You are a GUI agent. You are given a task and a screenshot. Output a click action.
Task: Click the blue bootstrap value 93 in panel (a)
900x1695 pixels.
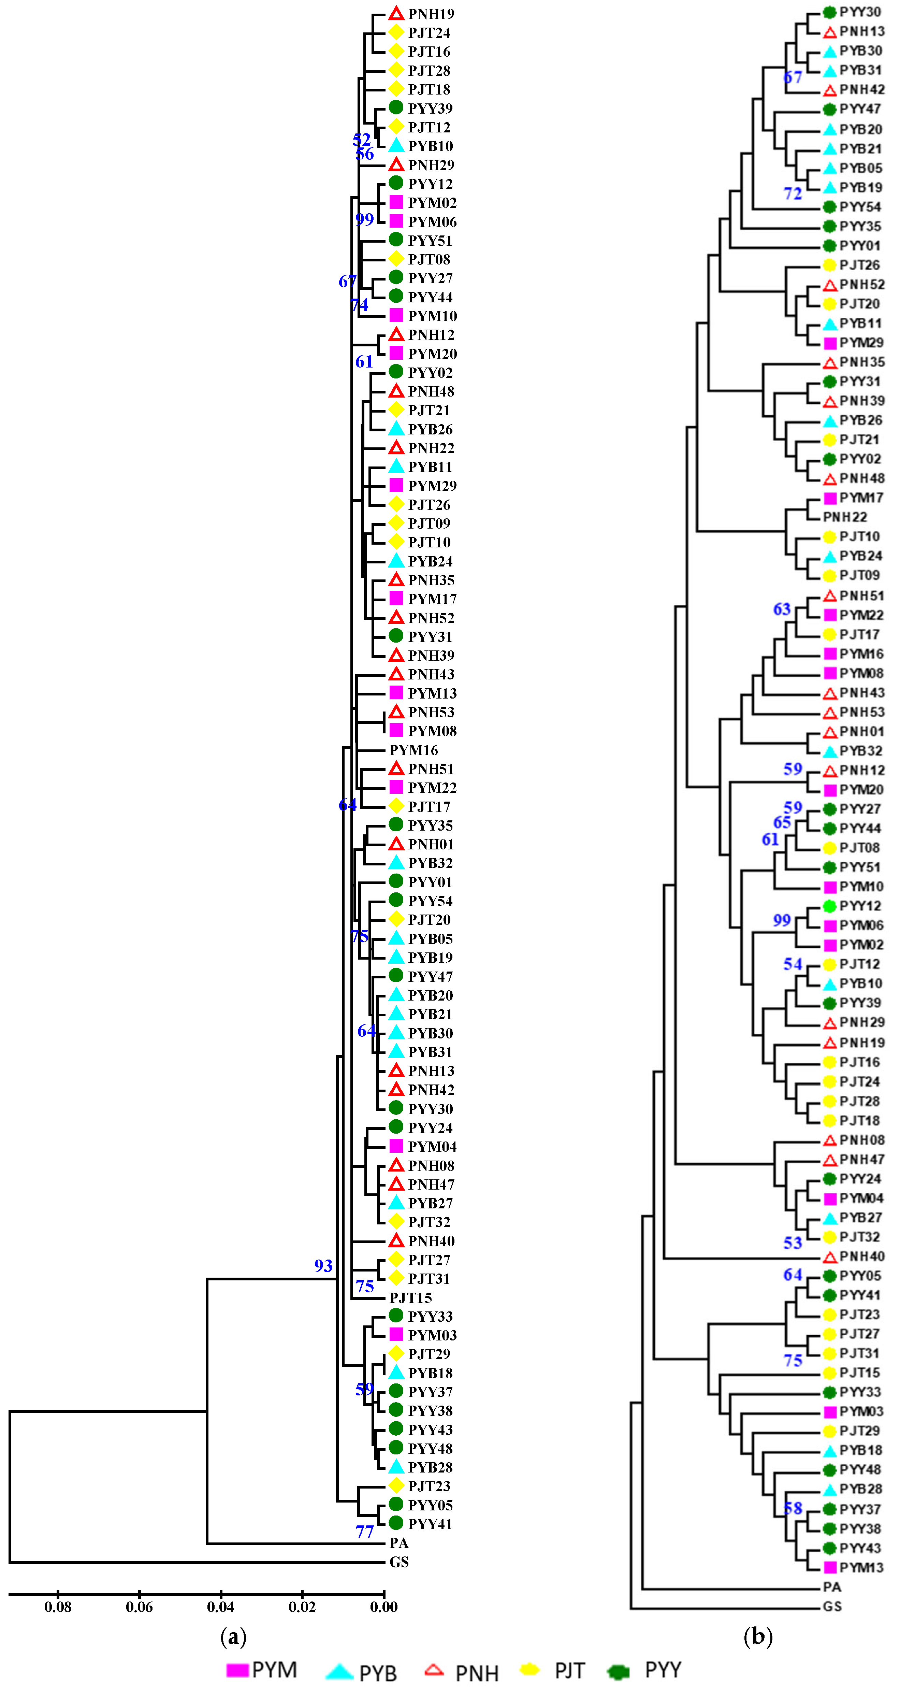coord(323,1265)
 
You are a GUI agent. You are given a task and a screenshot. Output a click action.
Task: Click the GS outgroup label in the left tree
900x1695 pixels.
coord(399,1562)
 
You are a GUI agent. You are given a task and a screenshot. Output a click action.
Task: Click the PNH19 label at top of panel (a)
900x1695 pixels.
coord(431,14)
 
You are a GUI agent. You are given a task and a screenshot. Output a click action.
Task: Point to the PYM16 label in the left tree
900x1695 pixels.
coord(413,750)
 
